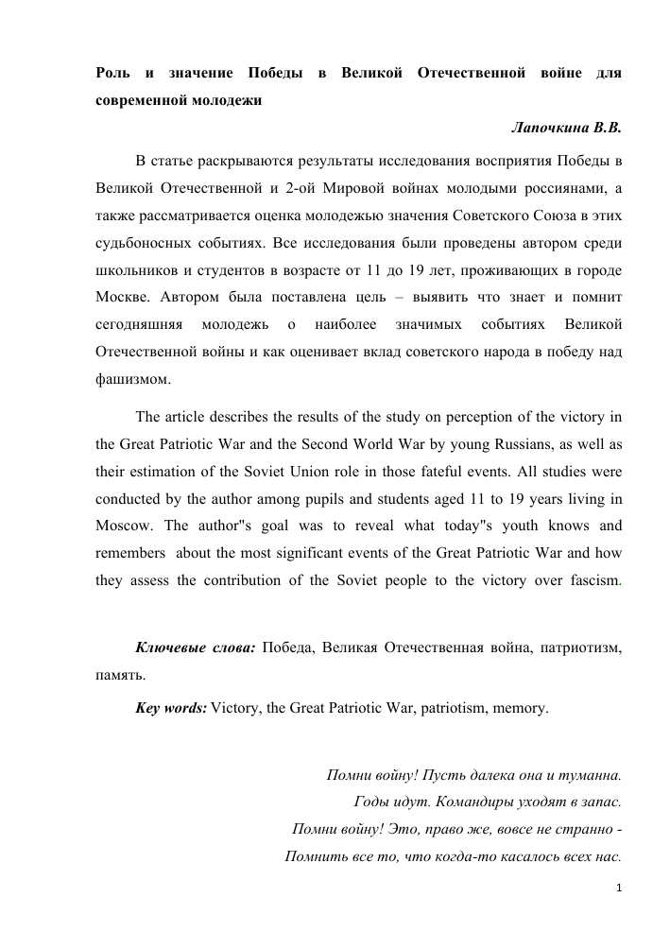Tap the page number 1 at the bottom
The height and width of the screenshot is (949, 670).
(x=617, y=888)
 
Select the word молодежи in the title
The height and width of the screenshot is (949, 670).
(x=225, y=99)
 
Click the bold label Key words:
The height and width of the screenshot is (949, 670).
(x=171, y=706)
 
